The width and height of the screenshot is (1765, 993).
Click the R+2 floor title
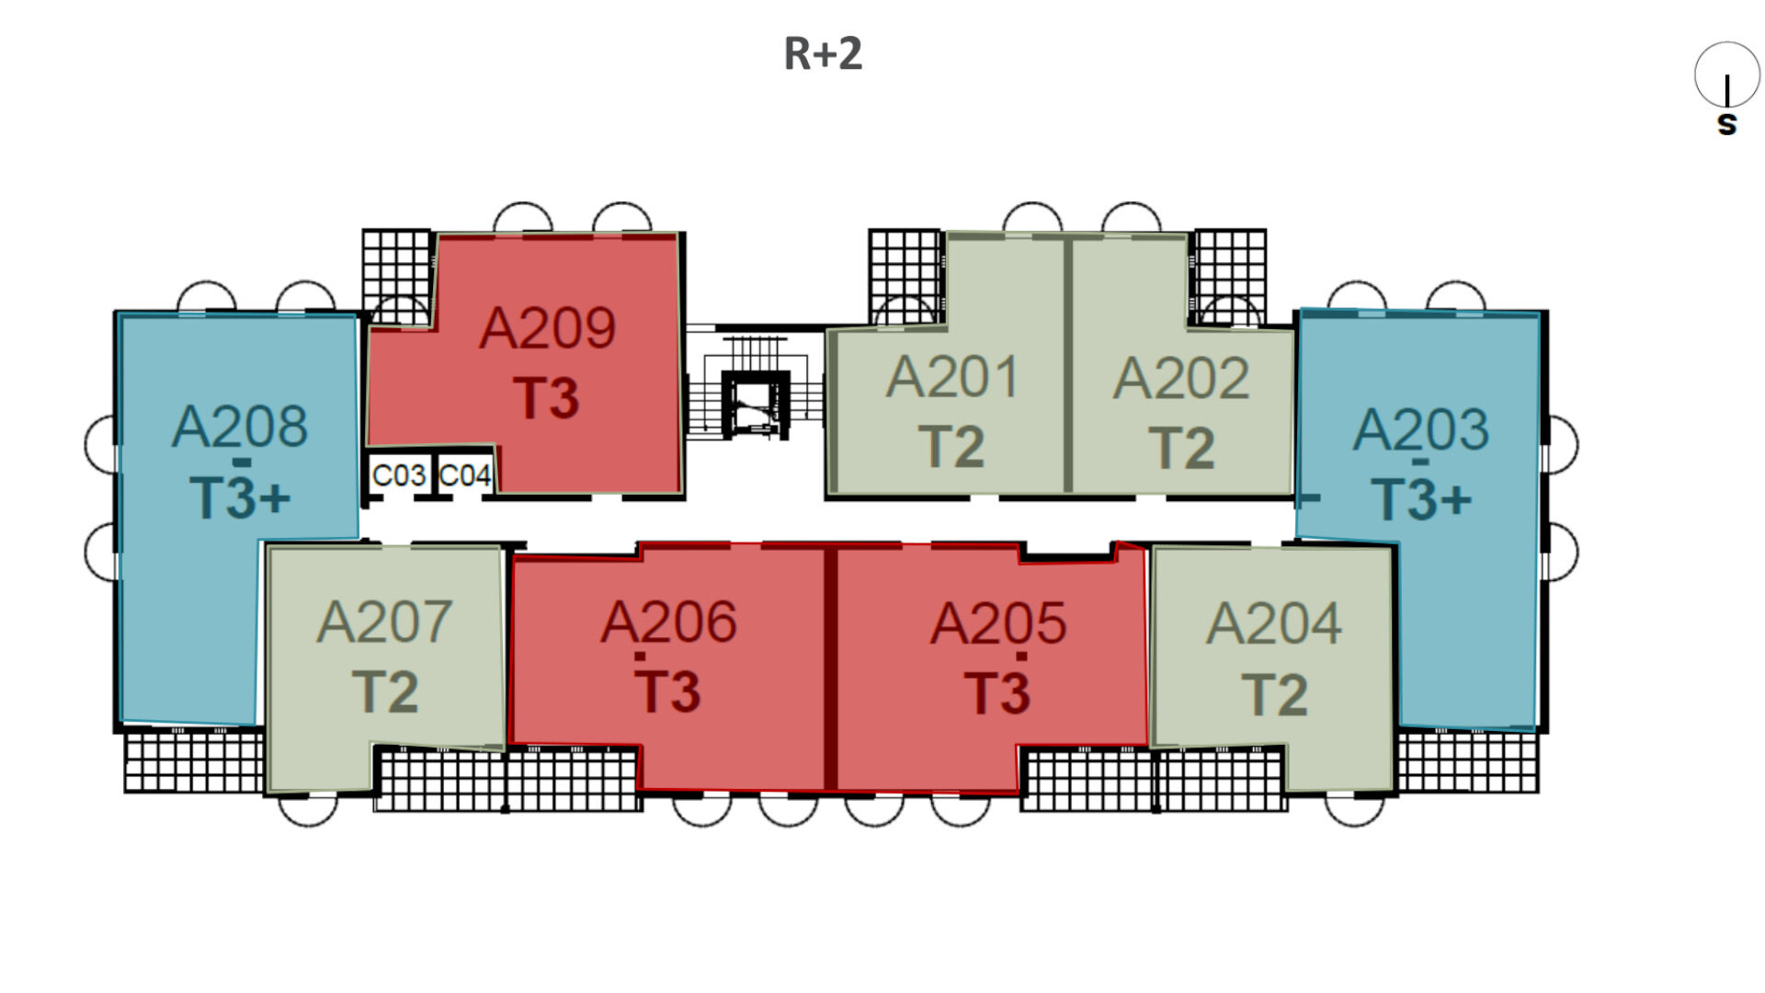[x=823, y=53]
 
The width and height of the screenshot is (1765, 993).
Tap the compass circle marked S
[x=1726, y=75]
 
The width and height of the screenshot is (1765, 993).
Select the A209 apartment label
[x=547, y=328]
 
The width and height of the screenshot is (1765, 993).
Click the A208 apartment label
[x=240, y=427]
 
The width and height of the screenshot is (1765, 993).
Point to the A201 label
[x=952, y=377]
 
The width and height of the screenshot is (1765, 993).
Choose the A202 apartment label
[x=1181, y=378]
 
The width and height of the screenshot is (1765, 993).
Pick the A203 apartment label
[x=1420, y=429]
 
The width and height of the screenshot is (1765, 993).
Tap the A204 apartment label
[x=1273, y=623]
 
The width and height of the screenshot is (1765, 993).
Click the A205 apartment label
[x=997, y=623]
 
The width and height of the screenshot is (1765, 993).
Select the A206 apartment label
[x=668, y=622]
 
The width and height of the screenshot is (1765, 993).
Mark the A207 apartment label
[x=384, y=622]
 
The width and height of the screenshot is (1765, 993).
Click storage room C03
[x=399, y=475]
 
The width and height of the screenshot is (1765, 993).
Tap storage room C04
[x=465, y=475]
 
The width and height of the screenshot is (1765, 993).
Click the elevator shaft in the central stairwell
[x=755, y=405]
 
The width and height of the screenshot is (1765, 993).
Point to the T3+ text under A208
[x=240, y=497]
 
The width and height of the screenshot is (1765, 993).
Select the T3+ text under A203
[x=1420, y=499]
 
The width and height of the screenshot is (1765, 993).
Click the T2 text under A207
[x=384, y=692]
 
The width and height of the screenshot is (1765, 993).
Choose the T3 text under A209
[x=547, y=398]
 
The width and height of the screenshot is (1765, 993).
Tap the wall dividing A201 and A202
[x=1068, y=365]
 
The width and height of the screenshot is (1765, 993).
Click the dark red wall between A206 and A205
[x=830, y=668]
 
